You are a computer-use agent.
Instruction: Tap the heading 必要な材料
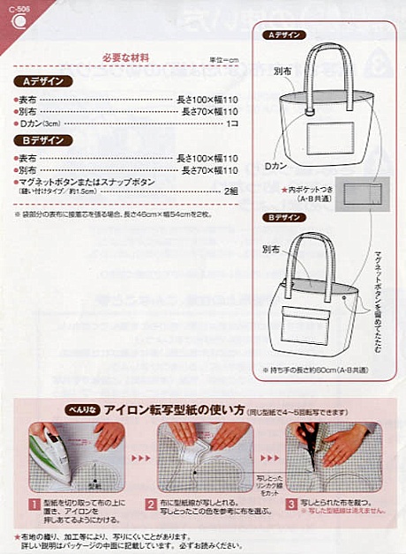point(127,58)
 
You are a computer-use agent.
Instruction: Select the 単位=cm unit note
point(223,60)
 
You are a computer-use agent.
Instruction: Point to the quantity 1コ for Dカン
point(232,124)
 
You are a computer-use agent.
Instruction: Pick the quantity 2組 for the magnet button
point(230,190)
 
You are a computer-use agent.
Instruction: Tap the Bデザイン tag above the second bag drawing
point(284,217)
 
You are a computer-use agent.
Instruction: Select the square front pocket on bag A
point(326,141)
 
